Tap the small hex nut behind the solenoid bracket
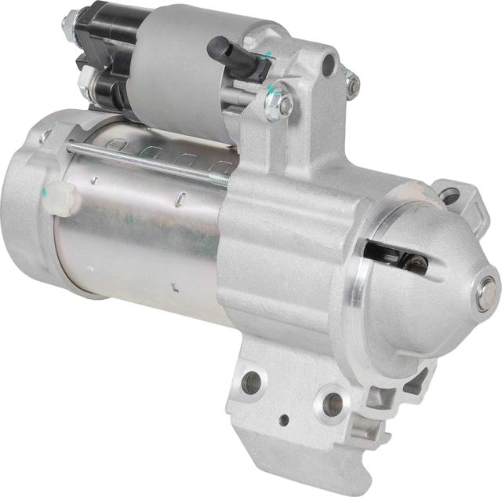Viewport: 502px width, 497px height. pyautogui.click(x=352, y=83)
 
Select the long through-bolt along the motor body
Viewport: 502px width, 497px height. pyautogui.click(x=149, y=162)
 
